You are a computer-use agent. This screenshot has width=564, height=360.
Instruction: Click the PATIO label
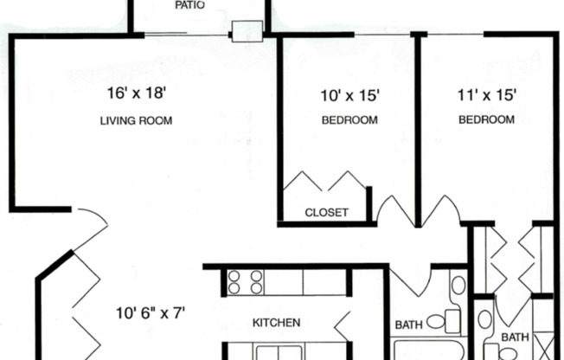pos(190,5)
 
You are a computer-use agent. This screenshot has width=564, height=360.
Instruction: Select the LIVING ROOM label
pos(136,121)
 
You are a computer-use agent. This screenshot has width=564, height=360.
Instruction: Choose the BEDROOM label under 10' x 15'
pos(349,120)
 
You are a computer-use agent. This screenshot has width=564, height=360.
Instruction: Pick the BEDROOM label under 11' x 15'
pos(487,120)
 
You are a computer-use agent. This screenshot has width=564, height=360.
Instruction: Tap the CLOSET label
pos(327,212)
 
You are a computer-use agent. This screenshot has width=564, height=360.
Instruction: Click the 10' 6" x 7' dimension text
pos(151,311)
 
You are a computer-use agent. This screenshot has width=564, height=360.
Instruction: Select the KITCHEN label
pos(276,323)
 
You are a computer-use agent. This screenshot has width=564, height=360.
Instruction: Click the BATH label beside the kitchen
pos(408,325)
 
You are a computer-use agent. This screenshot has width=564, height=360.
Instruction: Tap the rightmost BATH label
pos(516,337)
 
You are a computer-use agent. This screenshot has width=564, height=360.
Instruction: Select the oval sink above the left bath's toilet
pos(458,285)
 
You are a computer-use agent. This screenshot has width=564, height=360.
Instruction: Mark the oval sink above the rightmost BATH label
pos(485,320)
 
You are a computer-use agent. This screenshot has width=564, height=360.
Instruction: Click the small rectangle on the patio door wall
pos(247,32)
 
